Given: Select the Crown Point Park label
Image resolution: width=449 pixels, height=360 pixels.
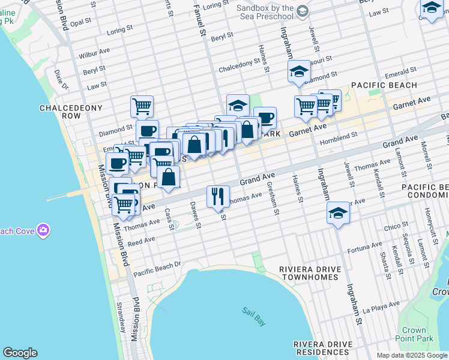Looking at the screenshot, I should coord(414,334).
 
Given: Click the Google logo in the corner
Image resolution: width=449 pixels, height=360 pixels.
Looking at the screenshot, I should coord(20,353).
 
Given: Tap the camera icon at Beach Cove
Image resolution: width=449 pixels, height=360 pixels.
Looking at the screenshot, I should coord(43,230).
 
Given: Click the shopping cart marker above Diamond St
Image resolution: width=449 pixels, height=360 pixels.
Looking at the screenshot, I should coord(142,107).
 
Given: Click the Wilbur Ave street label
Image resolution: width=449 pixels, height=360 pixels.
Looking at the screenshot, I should coord(97,52).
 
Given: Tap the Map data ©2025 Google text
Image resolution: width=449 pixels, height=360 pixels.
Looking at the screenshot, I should coord(411,355).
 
